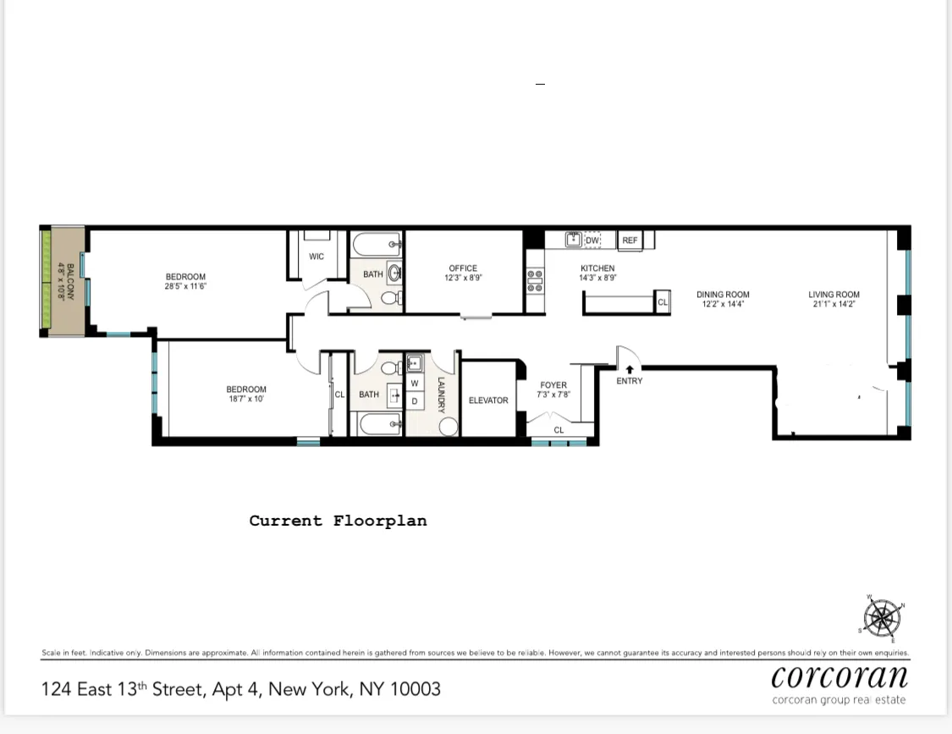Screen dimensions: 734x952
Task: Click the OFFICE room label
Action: (463, 268)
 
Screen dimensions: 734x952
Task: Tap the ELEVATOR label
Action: (488, 400)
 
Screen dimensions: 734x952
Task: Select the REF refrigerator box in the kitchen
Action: (630, 240)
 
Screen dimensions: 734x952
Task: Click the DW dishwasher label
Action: (592, 240)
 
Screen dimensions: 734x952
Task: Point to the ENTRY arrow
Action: (630, 369)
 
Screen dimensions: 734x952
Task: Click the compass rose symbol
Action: (883, 617)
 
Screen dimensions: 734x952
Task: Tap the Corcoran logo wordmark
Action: (839, 677)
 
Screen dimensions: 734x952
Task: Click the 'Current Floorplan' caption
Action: (338, 522)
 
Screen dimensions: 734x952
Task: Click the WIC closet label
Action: (316, 257)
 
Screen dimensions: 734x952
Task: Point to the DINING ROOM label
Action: (723, 295)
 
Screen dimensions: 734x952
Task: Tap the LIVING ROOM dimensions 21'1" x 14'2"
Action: (834, 304)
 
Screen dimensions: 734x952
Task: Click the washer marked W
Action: (415, 384)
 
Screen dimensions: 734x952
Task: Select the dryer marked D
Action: (415, 401)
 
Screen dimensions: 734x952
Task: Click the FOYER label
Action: (553, 385)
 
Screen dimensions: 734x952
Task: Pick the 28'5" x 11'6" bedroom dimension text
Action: (185, 286)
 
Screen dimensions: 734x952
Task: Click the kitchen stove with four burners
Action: (535, 281)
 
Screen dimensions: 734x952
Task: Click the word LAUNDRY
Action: (441, 395)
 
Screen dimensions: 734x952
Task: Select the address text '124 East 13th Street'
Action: (123, 689)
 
